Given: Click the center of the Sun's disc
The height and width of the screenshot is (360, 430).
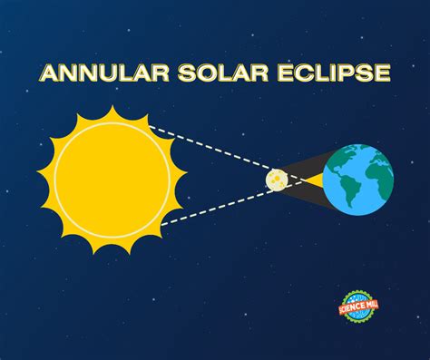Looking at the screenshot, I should pyautogui.click(x=112, y=179).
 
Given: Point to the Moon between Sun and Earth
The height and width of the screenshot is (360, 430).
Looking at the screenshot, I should pyautogui.click(x=277, y=180).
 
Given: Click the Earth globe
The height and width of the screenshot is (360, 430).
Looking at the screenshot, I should pyautogui.click(x=357, y=179).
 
